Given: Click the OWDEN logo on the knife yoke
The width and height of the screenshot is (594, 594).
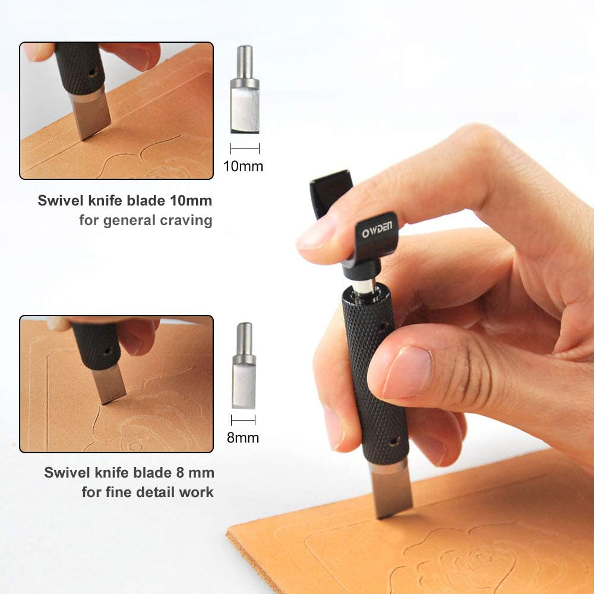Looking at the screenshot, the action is pyautogui.click(x=377, y=229).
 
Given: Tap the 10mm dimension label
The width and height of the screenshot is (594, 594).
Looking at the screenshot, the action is pyautogui.click(x=243, y=166).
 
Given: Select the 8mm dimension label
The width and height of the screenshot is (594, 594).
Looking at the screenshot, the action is pyautogui.click(x=243, y=438).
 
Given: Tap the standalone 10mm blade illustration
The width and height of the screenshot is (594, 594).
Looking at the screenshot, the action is pyautogui.click(x=245, y=90).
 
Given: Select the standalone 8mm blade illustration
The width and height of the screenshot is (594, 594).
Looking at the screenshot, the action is pyautogui.click(x=244, y=365).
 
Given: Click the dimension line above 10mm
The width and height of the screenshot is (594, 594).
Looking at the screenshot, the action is pyautogui.click(x=245, y=148).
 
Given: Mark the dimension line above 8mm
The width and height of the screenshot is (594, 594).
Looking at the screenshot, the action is pyautogui.click(x=243, y=420).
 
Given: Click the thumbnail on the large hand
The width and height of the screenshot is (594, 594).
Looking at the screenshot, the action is pyautogui.click(x=407, y=372).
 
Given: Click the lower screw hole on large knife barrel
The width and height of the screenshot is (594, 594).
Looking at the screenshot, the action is pyautogui.click(x=394, y=441).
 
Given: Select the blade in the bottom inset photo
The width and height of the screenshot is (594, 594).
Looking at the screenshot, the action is pyautogui.click(x=109, y=384).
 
